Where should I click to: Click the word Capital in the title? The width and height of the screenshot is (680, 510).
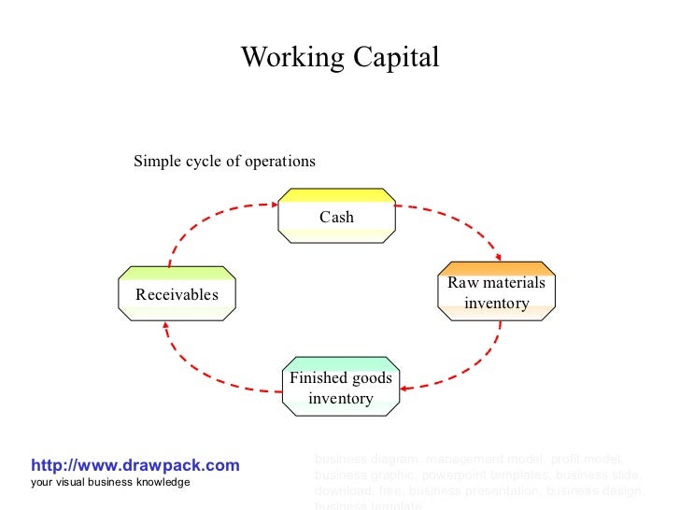click(x=396, y=58)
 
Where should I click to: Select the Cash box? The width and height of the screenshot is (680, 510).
click(x=336, y=217)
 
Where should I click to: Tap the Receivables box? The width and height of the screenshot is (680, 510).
click(x=177, y=294)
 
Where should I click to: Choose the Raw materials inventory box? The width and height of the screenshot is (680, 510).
click(x=496, y=292)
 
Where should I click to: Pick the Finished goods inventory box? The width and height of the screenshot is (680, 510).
click(x=341, y=388)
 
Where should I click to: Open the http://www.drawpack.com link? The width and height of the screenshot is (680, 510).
click(x=135, y=465)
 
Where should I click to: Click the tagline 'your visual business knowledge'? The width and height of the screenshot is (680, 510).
click(x=110, y=482)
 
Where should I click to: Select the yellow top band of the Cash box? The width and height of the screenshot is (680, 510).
click(x=336, y=195)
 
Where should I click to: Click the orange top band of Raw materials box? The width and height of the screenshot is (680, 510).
click(x=496, y=268)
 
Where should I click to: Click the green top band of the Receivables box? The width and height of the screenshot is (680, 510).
click(x=177, y=273)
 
